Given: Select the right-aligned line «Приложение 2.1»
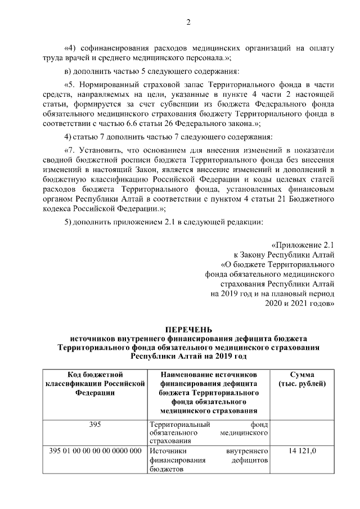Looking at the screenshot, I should pos(303,245).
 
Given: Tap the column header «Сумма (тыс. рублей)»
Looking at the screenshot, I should pos(302,379).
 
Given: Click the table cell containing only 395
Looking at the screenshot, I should pos(95,424).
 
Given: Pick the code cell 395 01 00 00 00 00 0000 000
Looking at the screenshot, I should pos(95,451).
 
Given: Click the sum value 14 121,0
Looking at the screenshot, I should pos(302,451).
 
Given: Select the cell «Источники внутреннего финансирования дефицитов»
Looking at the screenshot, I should pos(209,459).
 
